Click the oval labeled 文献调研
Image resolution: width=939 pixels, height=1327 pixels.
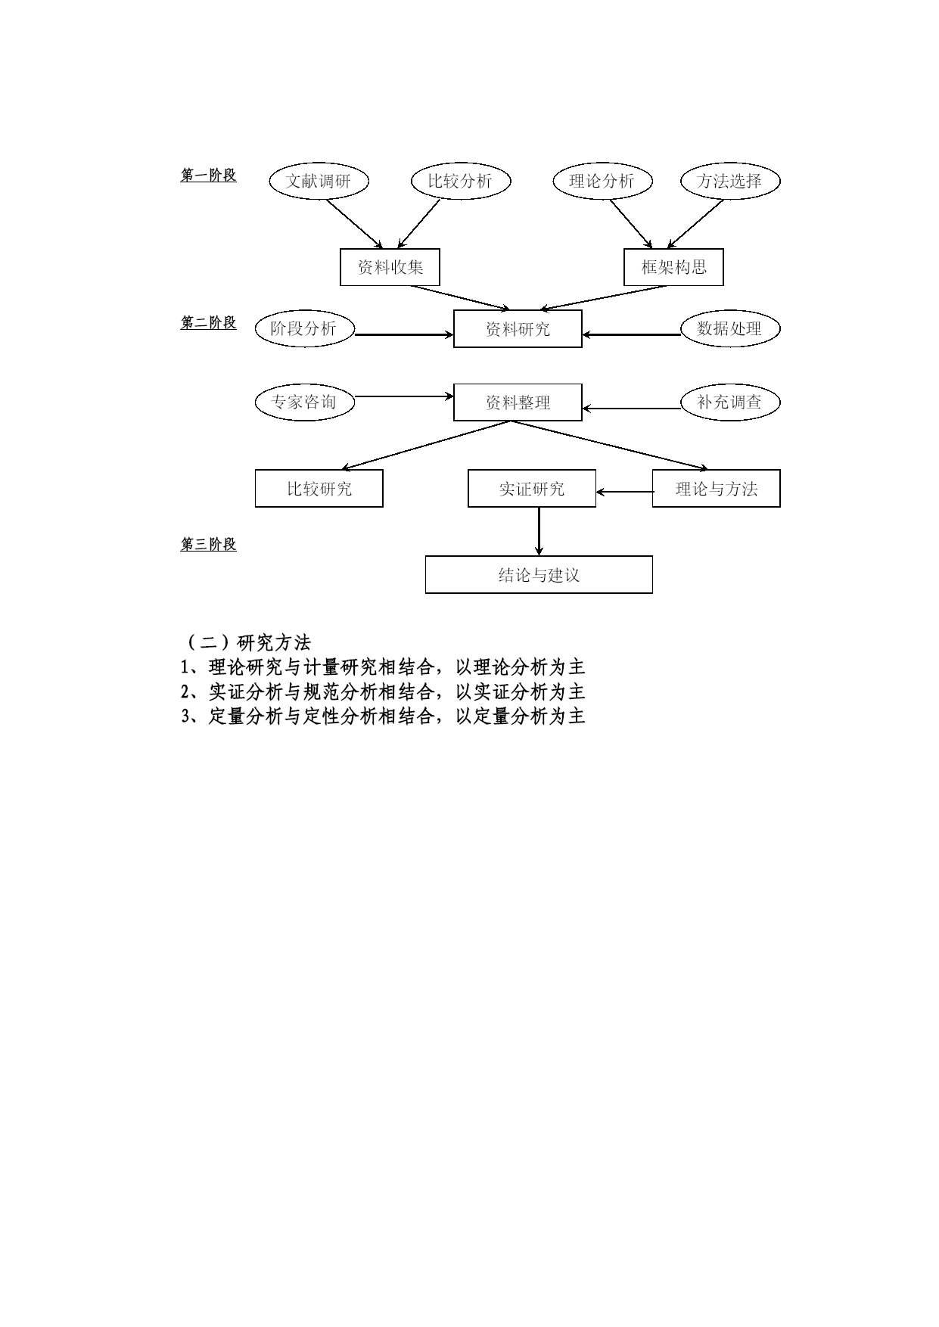tap(319, 181)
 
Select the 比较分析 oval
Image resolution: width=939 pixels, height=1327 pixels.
tap(460, 181)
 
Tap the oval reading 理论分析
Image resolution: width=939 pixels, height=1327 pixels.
tap(602, 181)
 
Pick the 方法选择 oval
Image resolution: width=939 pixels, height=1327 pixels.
tap(729, 181)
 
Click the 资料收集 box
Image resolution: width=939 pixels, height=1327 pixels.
tap(390, 267)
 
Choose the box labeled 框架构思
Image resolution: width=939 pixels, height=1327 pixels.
tap(673, 267)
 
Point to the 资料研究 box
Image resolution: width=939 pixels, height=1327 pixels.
tap(518, 329)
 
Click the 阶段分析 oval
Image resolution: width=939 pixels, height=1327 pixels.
tap(304, 328)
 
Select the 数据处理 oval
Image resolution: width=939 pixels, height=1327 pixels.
tap(729, 328)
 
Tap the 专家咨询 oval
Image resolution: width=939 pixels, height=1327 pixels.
tap(304, 402)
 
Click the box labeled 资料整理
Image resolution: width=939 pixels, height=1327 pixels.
tap(518, 402)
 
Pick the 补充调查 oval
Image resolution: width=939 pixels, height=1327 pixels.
tap(729, 402)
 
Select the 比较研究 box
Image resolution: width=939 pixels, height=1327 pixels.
tap(319, 489)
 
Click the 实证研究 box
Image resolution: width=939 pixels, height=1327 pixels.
tap(532, 489)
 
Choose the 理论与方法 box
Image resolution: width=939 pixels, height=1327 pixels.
tap(716, 489)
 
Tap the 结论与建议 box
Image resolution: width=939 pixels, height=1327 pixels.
tap(539, 575)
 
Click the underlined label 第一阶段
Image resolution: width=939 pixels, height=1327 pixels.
tap(208, 176)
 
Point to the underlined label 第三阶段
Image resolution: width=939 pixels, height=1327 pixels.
tap(208, 545)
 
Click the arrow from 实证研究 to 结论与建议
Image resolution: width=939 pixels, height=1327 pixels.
tap(539, 532)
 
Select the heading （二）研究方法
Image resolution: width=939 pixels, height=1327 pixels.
tap(246, 642)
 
